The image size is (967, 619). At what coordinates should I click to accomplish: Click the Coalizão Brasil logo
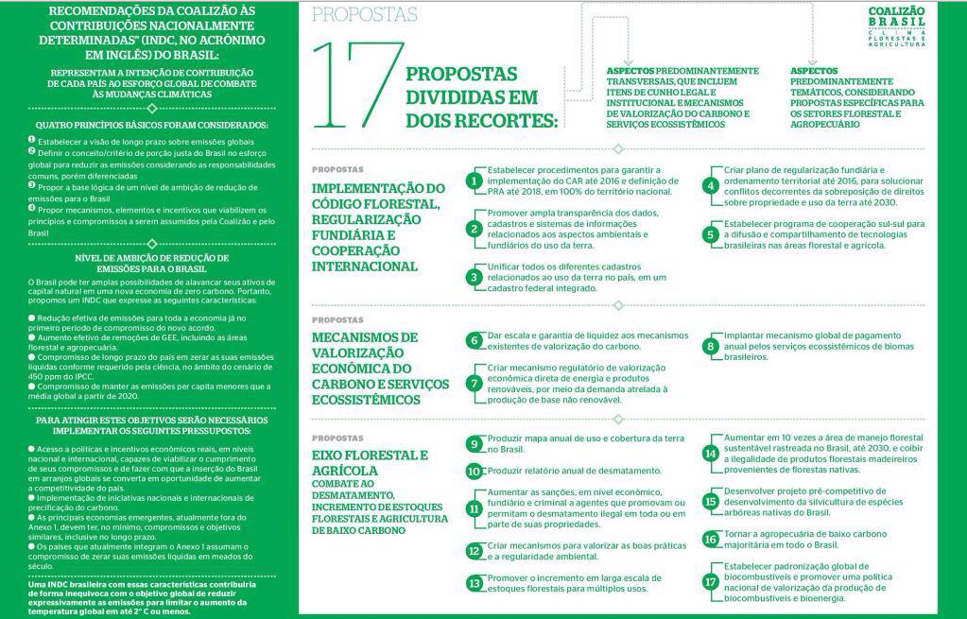[x=896, y=26]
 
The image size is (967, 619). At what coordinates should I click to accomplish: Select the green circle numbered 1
[x=475, y=181]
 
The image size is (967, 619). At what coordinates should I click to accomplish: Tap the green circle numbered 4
[x=711, y=185]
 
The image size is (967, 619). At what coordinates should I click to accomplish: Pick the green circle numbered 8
[x=711, y=347]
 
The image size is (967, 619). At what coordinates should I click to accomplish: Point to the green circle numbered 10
[x=475, y=471]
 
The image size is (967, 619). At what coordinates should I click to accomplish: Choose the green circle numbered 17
[x=711, y=581]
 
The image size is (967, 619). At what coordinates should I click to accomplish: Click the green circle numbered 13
[x=475, y=583]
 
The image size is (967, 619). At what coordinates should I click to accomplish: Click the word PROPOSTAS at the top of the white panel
[x=364, y=14]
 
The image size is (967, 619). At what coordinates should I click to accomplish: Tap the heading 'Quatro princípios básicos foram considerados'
[x=151, y=124]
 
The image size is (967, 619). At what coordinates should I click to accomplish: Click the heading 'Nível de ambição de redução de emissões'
[x=151, y=264]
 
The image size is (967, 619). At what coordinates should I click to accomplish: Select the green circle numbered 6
[x=475, y=340]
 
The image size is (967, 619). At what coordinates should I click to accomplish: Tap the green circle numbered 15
[x=711, y=502]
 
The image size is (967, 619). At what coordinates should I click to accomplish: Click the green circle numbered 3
[x=475, y=277]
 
